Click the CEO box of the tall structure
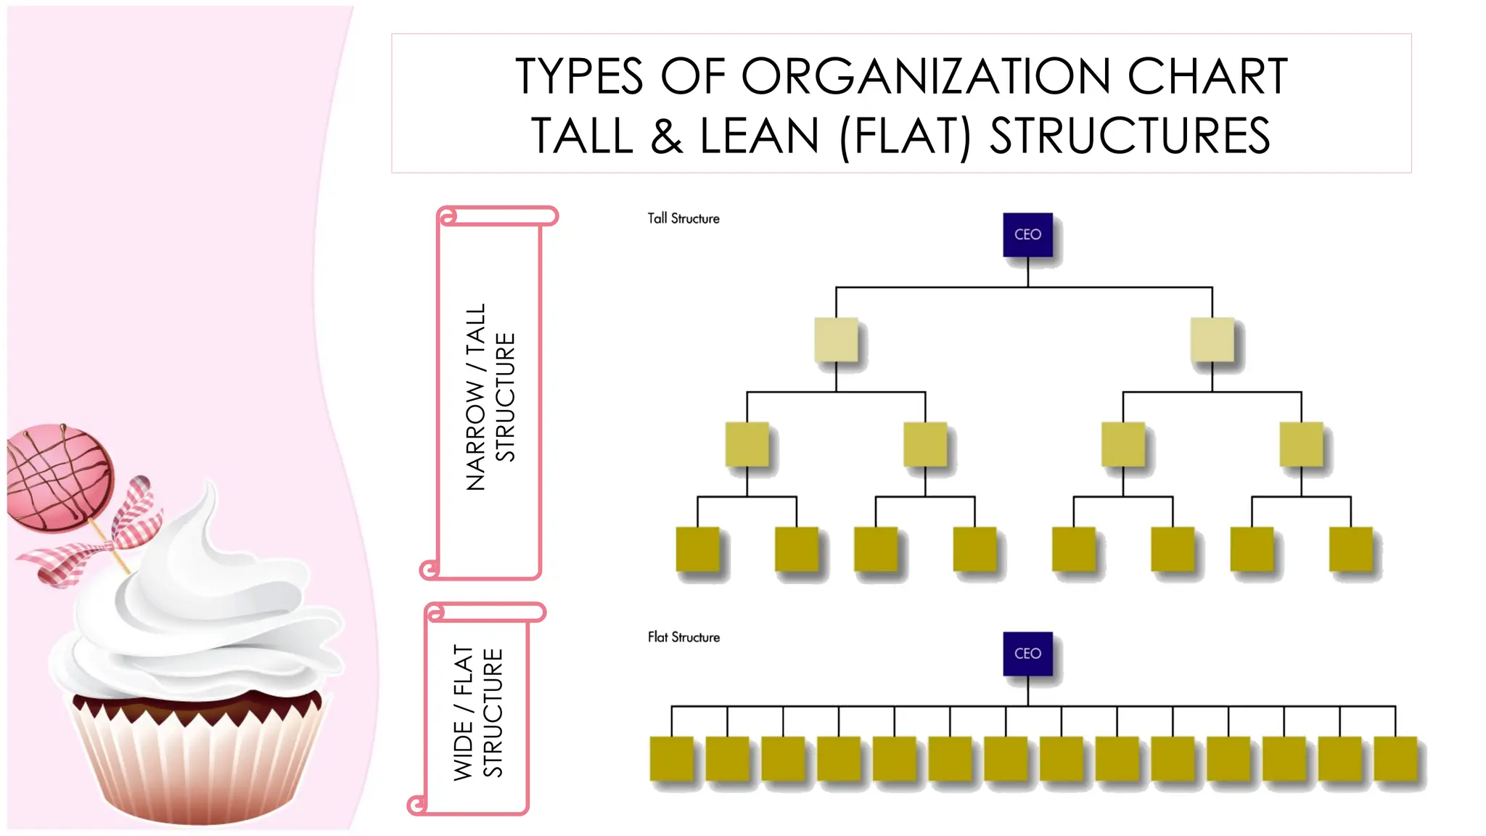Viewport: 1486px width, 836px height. point(1027,234)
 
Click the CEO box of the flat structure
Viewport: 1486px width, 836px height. point(1027,653)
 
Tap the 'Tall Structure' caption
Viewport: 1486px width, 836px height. point(683,218)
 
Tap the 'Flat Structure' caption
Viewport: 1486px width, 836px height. point(684,637)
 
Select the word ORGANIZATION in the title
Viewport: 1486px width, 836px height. point(925,76)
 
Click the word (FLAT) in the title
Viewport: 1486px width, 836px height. point(905,136)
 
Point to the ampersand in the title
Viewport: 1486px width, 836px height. point(666,136)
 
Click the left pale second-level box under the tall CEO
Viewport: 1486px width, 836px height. point(836,339)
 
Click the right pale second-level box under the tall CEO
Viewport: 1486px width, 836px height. point(1212,339)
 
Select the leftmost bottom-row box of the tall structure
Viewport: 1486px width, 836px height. point(697,549)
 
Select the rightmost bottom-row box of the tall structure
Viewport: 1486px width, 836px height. point(1350,549)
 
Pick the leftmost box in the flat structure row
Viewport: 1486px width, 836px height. point(671,758)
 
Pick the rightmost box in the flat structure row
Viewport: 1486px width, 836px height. point(1395,758)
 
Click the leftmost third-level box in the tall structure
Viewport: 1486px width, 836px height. point(747,444)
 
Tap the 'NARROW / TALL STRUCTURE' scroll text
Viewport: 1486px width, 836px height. point(490,397)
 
